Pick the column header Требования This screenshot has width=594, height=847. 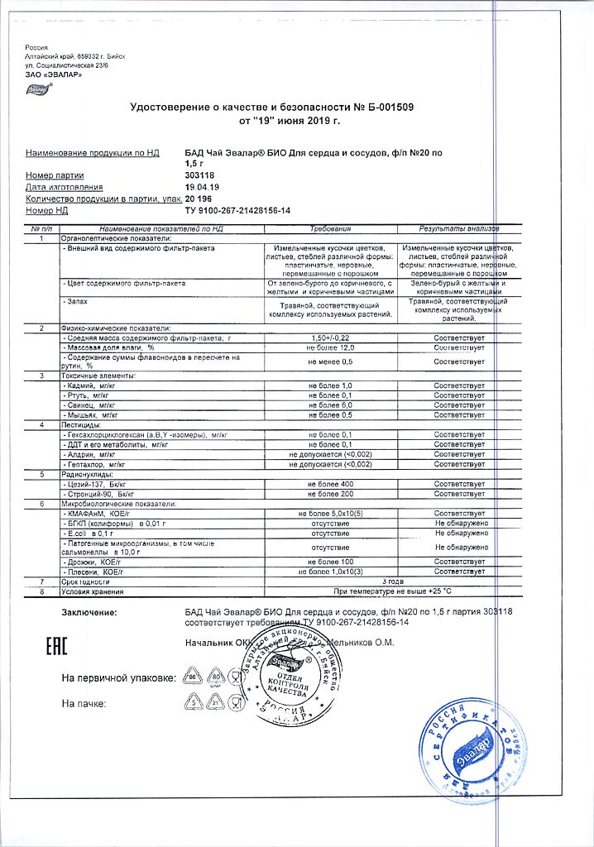tap(331, 228)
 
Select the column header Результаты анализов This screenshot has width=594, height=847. tap(459, 228)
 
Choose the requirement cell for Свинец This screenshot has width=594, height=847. tap(331, 405)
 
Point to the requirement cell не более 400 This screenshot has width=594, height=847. tap(331, 483)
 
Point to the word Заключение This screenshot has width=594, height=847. tap(89, 612)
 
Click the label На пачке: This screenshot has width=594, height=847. tap(84, 703)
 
